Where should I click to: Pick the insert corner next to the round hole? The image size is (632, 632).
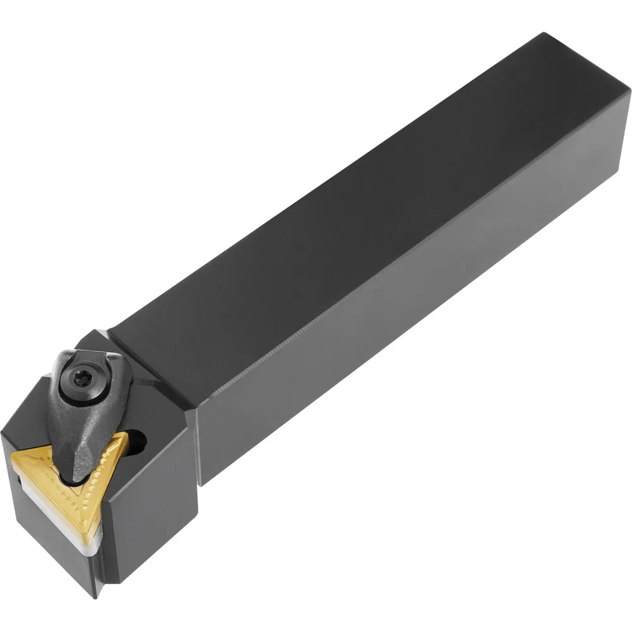coord(124,435)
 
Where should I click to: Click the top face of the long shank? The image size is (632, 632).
coord(354,209)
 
